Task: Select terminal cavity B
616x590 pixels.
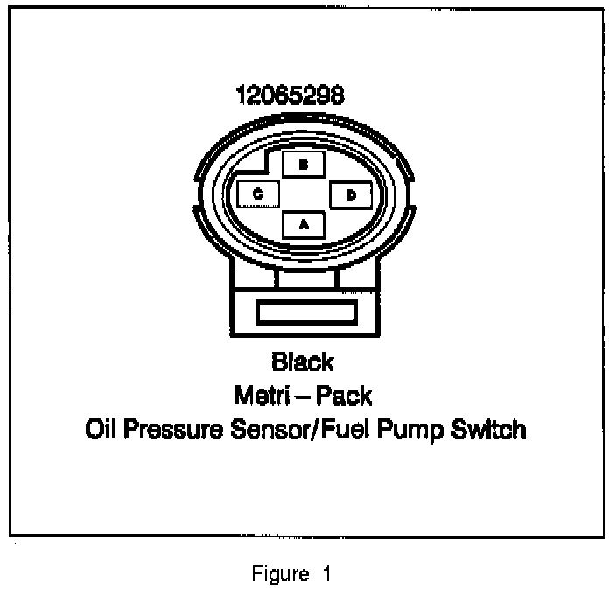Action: click(x=304, y=164)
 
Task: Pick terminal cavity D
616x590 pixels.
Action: click(x=350, y=194)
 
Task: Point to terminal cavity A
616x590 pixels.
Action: click(x=304, y=224)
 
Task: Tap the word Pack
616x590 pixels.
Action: click(x=343, y=396)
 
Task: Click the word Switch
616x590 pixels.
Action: click(x=489, y=431)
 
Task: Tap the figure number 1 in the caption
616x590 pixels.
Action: click(x=327, y=574)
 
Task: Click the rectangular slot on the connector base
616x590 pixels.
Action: click(x=304, y=313)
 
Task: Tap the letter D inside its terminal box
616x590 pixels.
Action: click(x=350, y=194)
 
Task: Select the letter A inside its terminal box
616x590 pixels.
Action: click(x=304, y=224)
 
